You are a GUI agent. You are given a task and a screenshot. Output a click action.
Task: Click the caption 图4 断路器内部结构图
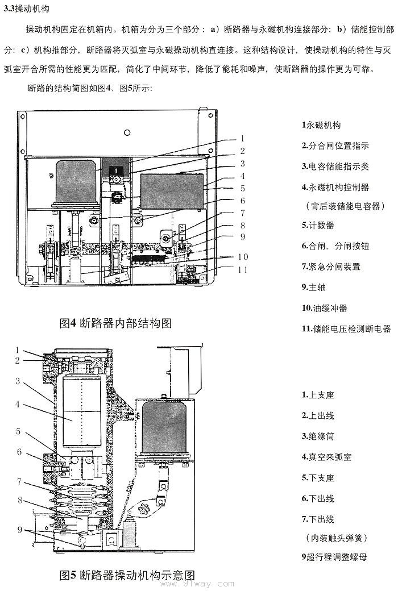[x=115, y=323]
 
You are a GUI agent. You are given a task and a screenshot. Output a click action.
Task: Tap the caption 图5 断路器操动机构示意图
[x=127, y=575]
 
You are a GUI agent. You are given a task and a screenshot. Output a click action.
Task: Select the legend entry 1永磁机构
[x=321, y=125]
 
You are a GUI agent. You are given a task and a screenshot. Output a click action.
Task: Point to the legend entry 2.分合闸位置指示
[x=335, y=145]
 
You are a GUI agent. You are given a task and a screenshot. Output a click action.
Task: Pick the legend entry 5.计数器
[x=318, y=225]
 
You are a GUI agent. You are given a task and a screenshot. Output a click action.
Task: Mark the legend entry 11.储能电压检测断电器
[x=346, y=328]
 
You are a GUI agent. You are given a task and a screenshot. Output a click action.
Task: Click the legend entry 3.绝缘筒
[x=318, y=436]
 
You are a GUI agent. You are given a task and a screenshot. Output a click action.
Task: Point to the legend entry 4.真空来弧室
[x=326, y=457]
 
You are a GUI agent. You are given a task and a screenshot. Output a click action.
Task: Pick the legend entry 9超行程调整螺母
[x=334, y=557]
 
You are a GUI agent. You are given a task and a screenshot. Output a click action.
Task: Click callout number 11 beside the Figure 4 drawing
[x=243, y=270]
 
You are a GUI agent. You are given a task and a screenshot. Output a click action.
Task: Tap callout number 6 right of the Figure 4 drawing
[x=242, y=201]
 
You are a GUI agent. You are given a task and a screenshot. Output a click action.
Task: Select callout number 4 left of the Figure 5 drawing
[x=18, y=405]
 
